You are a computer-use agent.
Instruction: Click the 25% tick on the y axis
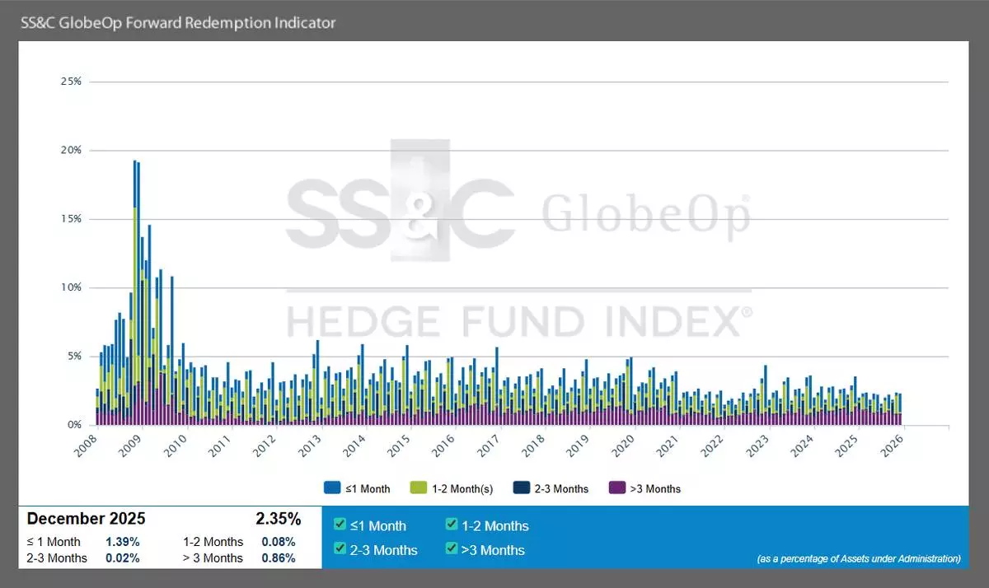coord(71,82)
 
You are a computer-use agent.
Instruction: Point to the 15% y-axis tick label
coord(71,219)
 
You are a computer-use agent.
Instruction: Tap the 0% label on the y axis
coord(74,425)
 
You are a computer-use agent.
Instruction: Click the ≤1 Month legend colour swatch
coord(332,488)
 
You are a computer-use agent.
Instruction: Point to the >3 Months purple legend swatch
coord(614,488)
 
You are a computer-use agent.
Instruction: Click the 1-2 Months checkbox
coord(452,525)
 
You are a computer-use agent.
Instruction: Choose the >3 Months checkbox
coord(452,549)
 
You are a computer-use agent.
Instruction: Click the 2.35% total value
coord(278,519)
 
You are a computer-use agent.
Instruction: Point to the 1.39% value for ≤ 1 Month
coord(122,542)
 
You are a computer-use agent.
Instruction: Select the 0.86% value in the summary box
coord(278,558)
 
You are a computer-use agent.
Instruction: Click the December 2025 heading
coord(86,519)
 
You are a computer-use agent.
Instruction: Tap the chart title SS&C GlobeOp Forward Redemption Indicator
coord(177,22)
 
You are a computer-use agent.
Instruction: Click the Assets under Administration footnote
coord(859,558)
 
